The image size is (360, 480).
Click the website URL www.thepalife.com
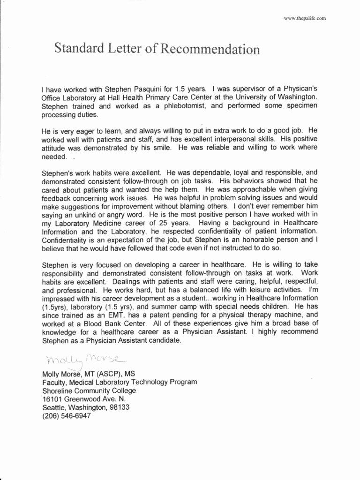tap(304, 18)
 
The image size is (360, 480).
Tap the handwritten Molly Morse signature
tap(84, 360)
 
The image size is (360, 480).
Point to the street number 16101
tap(52, 399)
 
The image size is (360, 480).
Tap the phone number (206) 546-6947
tap(66, 416)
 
